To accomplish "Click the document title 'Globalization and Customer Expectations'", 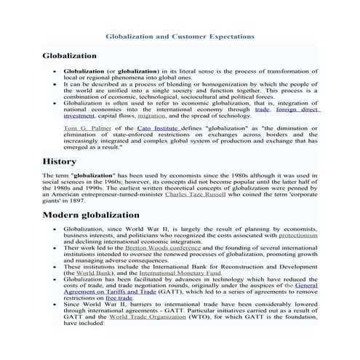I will [x=180, y=34].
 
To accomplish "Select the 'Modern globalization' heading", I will [x=91, y=215].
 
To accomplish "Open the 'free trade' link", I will [x=119, y=297].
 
